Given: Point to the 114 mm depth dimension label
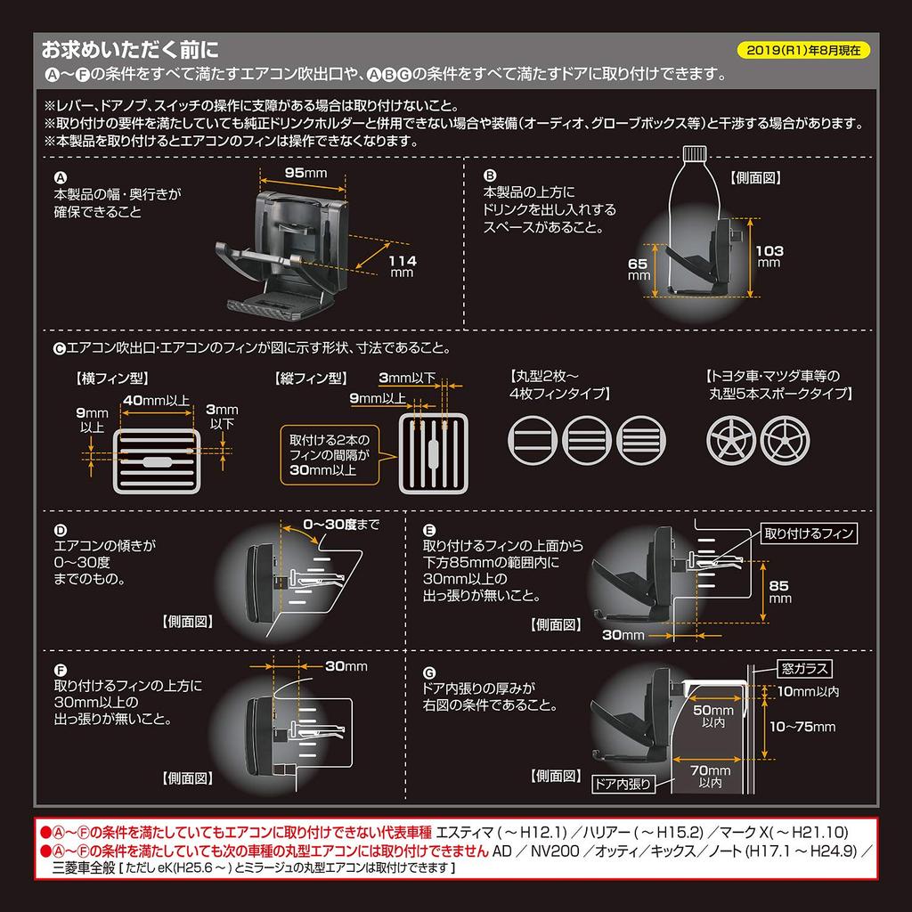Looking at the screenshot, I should click(x=403, y=265).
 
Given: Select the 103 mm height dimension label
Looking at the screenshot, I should click(x=769, y=256).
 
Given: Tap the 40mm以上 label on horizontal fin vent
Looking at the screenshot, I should click(x=156, y=400).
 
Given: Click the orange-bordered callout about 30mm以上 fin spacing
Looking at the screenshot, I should click(x=326, y=454).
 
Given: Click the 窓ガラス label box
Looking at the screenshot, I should click(x=805, y=666).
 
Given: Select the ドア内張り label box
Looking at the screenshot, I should click(x=623, y=784).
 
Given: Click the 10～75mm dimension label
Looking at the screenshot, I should click(x=803, y=727).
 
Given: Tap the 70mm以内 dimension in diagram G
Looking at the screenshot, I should click(x=710, y=776).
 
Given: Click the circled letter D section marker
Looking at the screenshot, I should click(x=61, y=528).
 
